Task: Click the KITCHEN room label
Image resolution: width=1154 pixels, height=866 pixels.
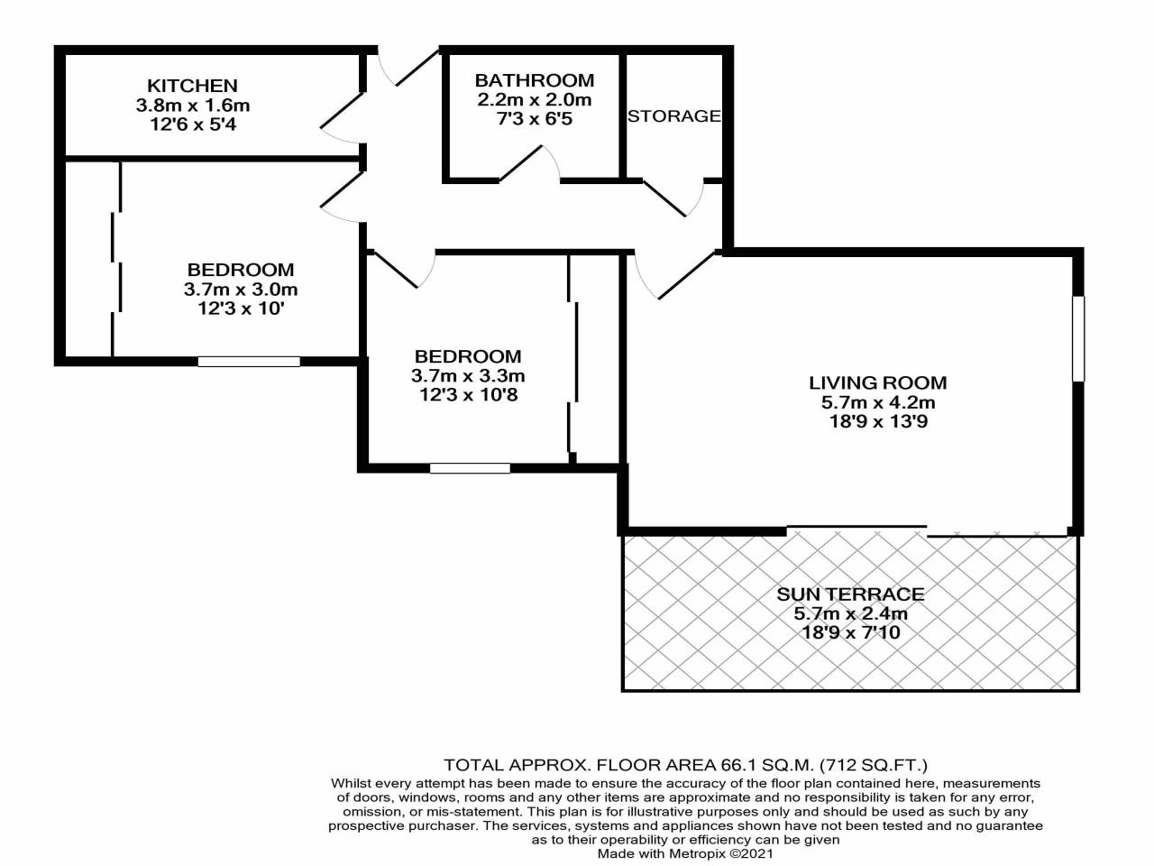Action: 192,85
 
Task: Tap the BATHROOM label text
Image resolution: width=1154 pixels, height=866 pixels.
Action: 534,80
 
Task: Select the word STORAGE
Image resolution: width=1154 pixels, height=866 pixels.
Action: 674,116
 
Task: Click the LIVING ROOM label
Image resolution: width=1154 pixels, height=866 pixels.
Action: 878,382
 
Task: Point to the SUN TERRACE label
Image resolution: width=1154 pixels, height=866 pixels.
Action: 851,594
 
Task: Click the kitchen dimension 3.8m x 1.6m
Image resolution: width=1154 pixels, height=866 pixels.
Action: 192,106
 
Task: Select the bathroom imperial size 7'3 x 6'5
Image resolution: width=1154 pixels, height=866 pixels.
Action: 534,119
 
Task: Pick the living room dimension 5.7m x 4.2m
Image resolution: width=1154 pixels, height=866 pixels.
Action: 878,402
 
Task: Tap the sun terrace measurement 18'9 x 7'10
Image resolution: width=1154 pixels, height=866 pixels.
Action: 851,632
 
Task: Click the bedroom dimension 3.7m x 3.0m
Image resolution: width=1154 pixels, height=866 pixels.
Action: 240,290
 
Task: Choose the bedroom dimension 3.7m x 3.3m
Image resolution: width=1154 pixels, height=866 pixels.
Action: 468,376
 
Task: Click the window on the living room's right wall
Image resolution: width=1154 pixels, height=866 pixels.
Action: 1078,338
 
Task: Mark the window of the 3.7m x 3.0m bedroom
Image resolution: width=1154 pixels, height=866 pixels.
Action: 249,361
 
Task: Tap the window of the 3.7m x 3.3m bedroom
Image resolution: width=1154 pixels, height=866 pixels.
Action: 470,468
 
